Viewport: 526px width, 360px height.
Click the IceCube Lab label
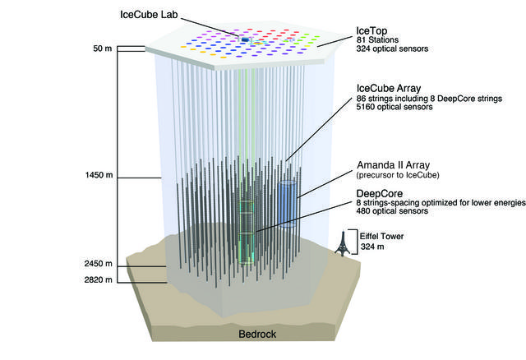(149, 15)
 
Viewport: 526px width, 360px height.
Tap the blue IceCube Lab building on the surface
(246, 39)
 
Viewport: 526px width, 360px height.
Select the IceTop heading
(371, 31)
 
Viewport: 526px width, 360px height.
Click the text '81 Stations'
(377, 40)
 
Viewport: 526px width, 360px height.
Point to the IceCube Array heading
(389, 88)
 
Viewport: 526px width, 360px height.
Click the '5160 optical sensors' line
(394, 107)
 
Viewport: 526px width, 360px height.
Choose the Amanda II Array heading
(393, 165)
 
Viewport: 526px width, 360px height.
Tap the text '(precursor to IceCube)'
(398, 175)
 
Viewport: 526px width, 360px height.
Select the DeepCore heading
(380, 194)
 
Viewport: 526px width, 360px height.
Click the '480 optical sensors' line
(392, 211)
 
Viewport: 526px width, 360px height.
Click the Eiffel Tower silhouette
(343, 243)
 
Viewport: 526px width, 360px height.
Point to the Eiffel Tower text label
(381, 236)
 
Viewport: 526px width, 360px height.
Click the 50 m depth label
(103, 48)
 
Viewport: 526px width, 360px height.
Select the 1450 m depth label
(99, 175)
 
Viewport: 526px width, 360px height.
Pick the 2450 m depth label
(99, 264)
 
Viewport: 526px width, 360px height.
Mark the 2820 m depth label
(99, 279)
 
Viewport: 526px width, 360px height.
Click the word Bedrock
(257, 335)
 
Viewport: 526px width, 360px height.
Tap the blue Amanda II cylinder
(288, 204)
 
